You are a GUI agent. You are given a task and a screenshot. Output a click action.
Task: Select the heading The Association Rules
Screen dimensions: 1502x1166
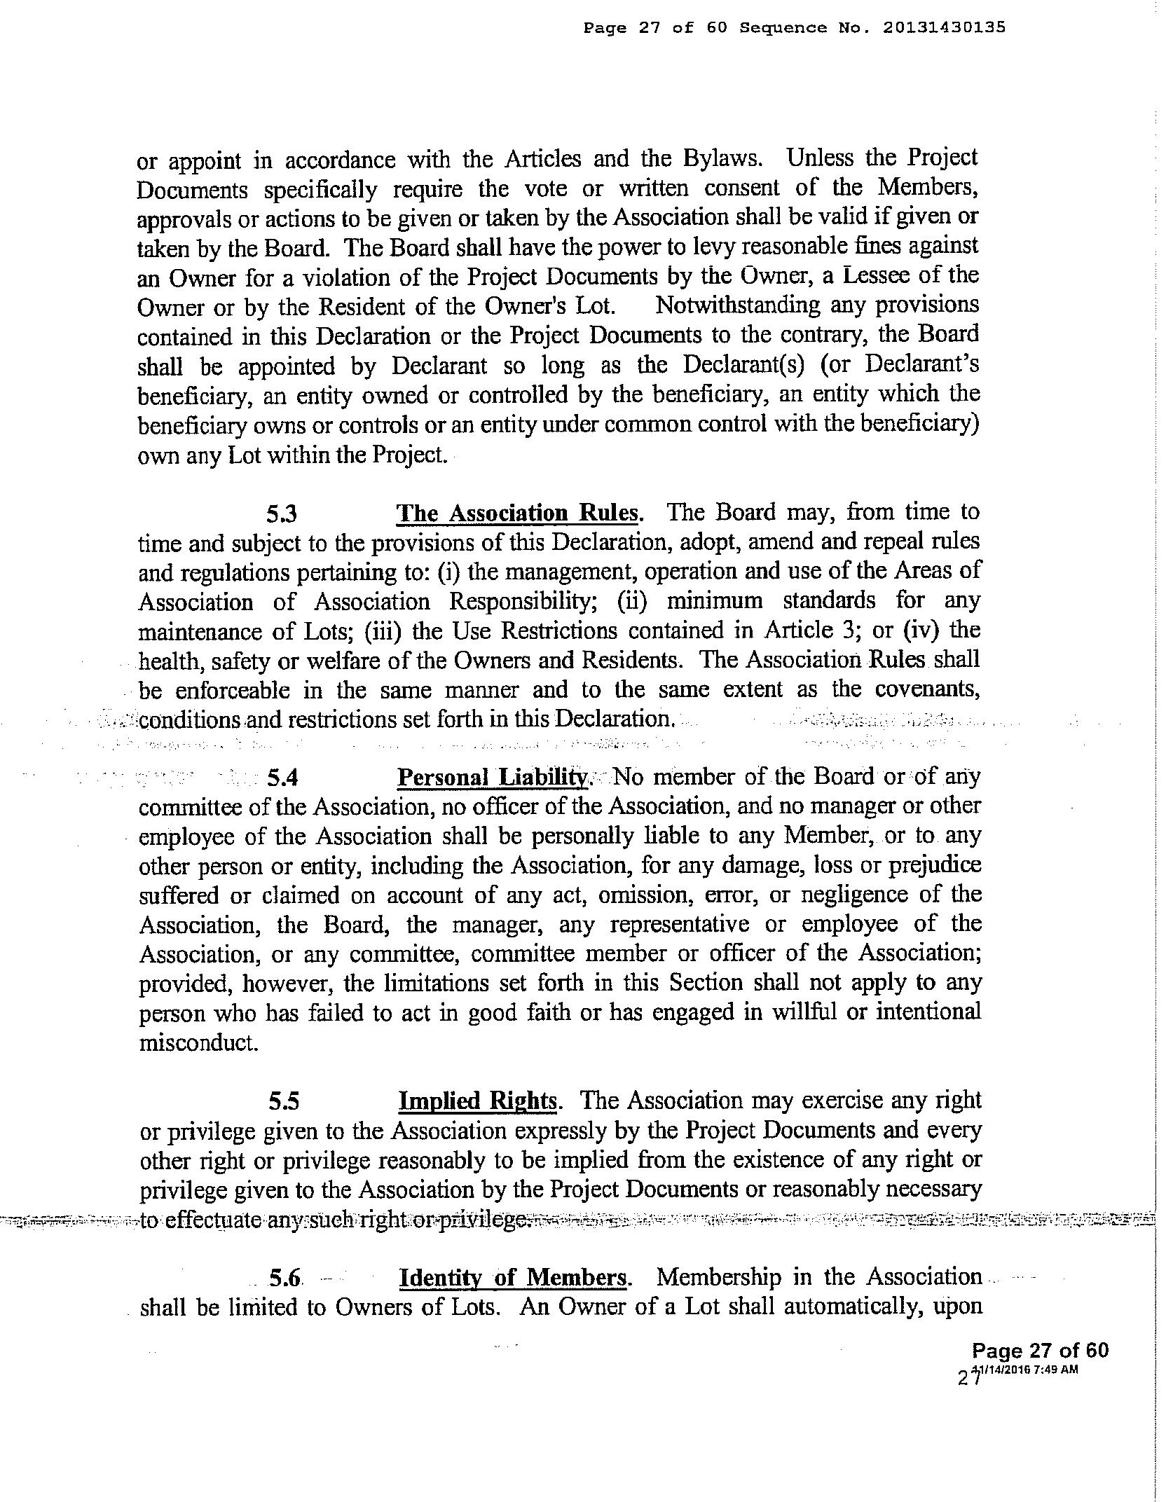click(517, 514)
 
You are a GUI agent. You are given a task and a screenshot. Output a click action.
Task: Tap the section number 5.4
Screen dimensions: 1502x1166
click(283, 778)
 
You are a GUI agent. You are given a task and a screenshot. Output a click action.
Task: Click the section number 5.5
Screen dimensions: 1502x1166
click(284, 1102)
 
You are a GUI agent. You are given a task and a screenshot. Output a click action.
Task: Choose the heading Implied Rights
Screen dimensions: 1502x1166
click(477, 1101)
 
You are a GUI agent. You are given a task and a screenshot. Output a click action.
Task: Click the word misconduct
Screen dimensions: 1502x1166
click(198, 1043)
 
